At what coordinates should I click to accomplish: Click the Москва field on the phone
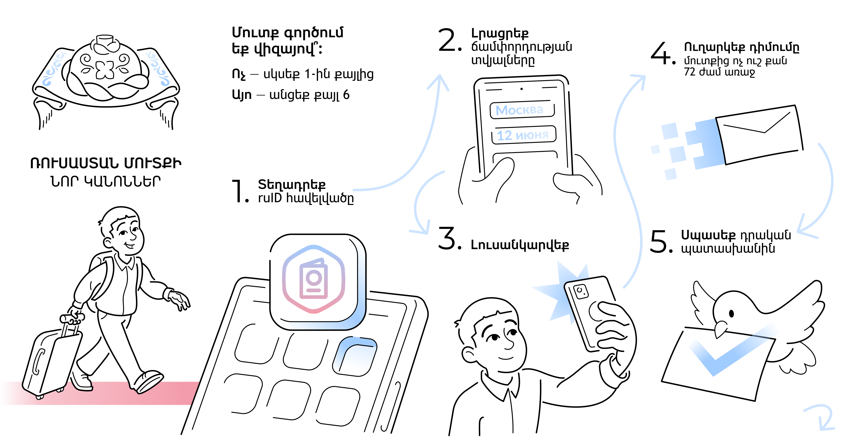(x=522, y=110)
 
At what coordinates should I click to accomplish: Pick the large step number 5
(x=660, y=242)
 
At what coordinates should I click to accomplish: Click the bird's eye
(x=731, y=314)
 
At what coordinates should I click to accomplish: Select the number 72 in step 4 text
(x=690, y=72)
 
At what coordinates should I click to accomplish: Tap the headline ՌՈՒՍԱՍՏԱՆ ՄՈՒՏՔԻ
(x=106, y=163)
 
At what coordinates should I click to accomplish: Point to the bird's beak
(x=720, y=329)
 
